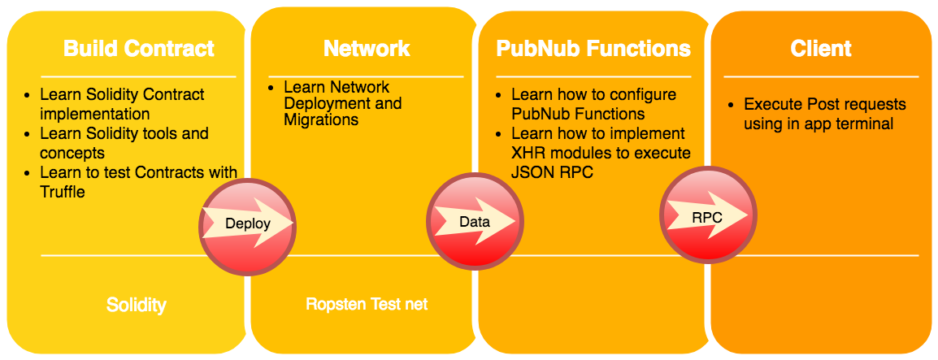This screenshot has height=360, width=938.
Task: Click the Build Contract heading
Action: point(139,49)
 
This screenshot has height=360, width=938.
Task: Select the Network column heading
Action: point(367,49)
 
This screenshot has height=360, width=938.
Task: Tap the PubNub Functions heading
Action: point(593,49)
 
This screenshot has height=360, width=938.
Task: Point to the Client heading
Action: point(821,49)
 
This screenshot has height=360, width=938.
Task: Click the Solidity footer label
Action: point(137,306)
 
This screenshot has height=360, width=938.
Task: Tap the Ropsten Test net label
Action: point(367,305)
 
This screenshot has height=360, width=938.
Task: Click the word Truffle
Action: point(63,192)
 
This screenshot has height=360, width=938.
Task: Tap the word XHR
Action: point(530,153)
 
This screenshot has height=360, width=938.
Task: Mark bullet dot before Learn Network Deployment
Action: point(272,88)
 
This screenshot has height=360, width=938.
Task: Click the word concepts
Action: point(72,153)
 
